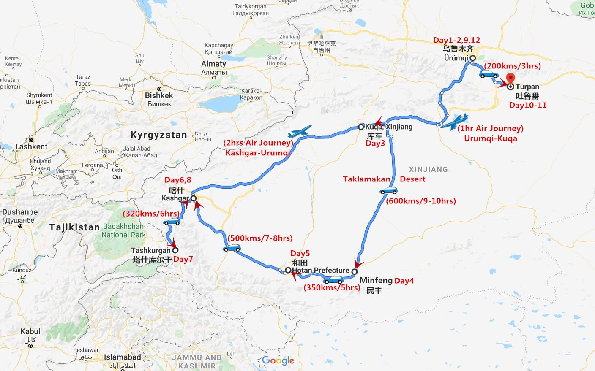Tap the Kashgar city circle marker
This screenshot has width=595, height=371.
[x=193, y=198]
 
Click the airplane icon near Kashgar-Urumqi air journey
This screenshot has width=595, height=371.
[x=300, y=131]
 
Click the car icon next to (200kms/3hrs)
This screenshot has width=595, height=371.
[x=489, y=75]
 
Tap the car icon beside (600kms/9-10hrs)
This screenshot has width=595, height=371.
[x=388, y=191]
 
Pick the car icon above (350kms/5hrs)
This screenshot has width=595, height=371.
[x=333, y=280]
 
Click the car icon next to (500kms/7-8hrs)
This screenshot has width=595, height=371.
[x=232, y=248]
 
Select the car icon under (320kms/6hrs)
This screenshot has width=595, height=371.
[x=172, y=222]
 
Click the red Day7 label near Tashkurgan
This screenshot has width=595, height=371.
[x=183, y=259]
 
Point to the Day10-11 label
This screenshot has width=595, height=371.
[x=528, y=105]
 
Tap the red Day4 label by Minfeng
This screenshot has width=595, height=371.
[x=404, y=281]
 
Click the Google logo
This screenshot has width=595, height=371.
[x=278, y=360]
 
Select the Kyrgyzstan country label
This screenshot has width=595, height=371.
[x=158, y=135]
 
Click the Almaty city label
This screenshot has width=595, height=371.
[x=213, y=64]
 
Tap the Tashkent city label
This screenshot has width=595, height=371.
[x=31, y=146]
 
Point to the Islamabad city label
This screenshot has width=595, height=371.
[x=123, y=357]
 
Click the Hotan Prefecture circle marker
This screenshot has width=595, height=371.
[x=288, y=270]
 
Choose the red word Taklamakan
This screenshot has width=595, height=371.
[x=366, y=179]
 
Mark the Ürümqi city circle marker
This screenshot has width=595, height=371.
[x=472, y=58]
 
